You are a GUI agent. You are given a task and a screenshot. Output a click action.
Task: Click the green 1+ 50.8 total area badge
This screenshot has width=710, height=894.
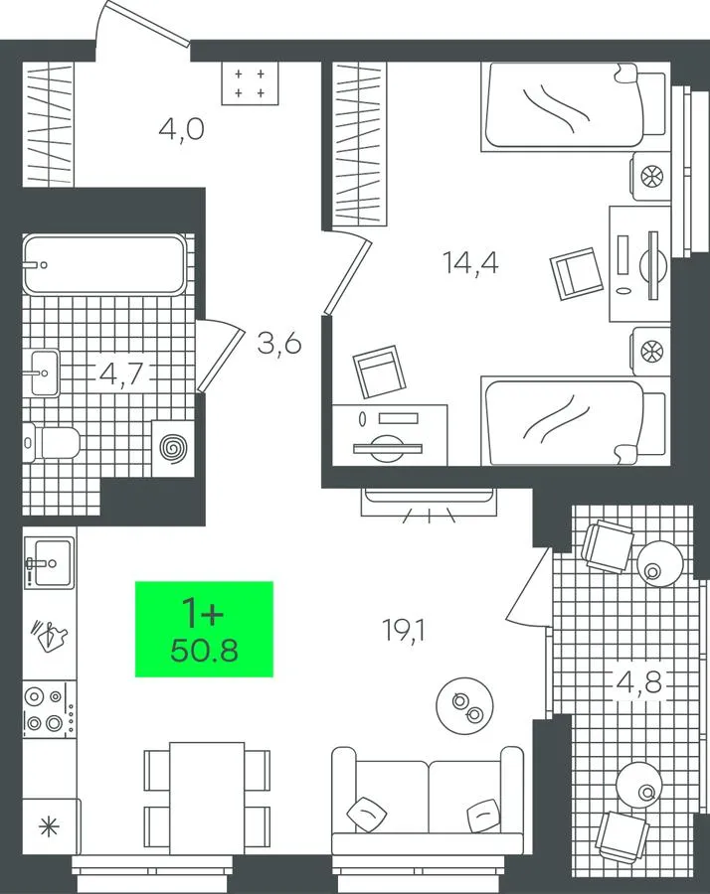coord(204,629)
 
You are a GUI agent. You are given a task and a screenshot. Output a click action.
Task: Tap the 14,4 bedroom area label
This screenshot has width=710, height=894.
coord(470,263)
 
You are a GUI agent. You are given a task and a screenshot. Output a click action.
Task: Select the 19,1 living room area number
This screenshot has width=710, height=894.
coord(404,631)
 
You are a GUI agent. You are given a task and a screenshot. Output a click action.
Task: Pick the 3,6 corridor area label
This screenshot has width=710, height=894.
coord(279,344)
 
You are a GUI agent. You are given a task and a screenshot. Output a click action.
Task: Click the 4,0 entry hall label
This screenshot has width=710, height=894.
coord(182,130)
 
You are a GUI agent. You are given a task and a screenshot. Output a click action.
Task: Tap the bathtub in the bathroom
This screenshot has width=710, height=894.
coord(104,264)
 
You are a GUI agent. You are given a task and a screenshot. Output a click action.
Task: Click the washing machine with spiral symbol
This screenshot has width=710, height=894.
coord(173,448)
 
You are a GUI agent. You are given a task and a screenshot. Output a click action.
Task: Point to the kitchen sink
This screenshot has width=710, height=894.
coord(49,563)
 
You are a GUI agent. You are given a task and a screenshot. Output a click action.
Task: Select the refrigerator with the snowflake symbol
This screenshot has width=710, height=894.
coord(51,826)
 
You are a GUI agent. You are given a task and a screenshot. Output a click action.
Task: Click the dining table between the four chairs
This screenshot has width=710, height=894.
coord(207,799)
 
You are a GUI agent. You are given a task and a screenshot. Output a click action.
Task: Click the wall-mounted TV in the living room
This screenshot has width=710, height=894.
coord(429,496)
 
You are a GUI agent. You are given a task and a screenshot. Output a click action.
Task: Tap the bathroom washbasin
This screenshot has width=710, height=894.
coord(44,372)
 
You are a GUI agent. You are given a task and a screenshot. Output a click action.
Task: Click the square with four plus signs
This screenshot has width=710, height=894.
coord(250,83)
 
